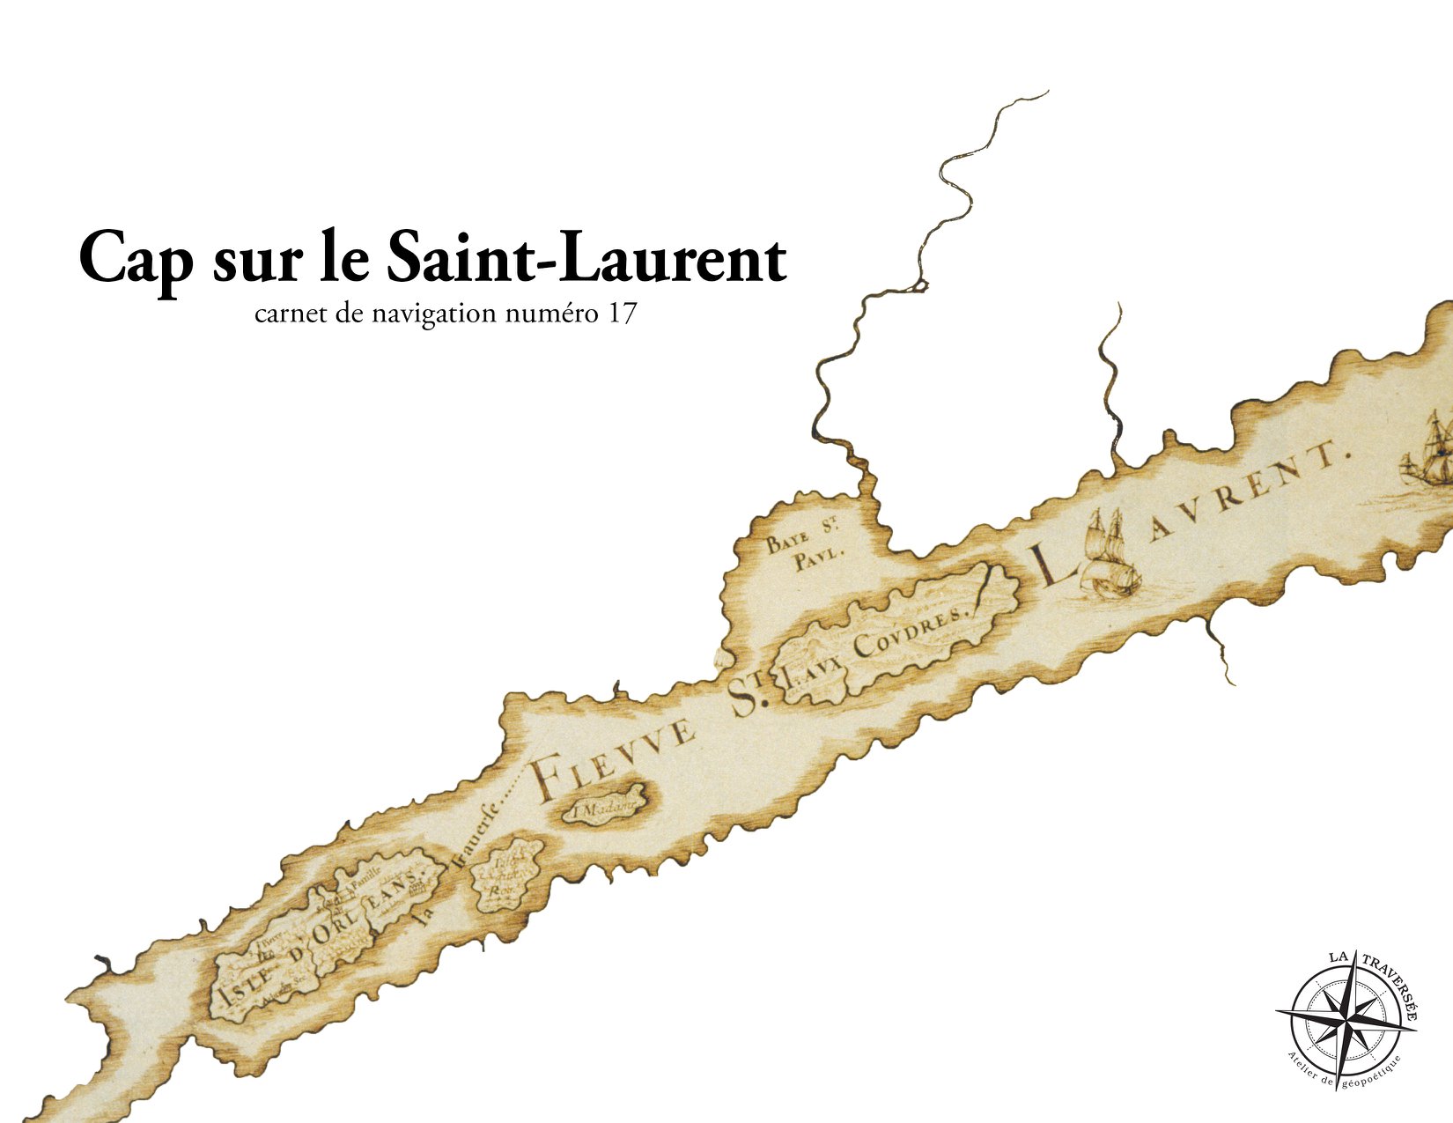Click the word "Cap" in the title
(x=134, y=258)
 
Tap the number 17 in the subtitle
(x=620, y=314)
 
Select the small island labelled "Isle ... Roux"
(x=507, y=871)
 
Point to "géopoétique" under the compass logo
(x=1370, y=1072)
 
